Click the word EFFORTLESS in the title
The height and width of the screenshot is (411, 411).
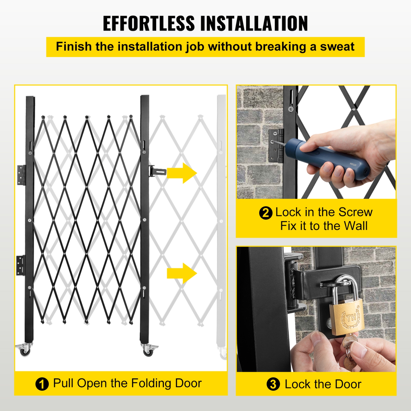coord(149,24)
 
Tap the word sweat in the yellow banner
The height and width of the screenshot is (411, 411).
coord(337,47)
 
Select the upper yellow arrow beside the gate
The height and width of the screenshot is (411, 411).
coord(182,173)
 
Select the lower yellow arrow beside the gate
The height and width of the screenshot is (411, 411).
coord(182,273)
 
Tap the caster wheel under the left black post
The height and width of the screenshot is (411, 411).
coord(25,350)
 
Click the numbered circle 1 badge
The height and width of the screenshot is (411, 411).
coord(42,384)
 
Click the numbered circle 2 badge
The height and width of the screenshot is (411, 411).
coord(266,213)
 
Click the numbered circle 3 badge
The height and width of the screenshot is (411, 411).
coord(273,384)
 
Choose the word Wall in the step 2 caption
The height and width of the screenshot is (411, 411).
coord(355,226)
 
